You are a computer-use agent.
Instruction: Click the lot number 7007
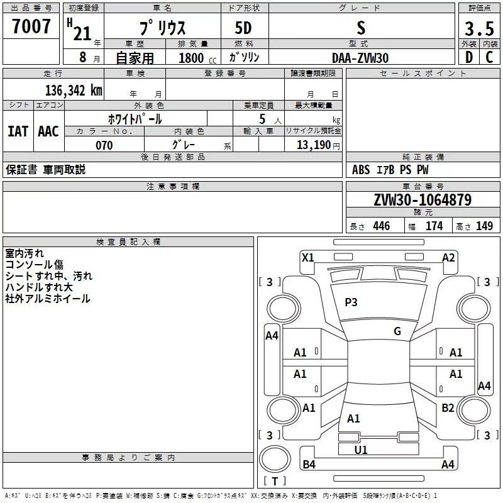click(31, 26)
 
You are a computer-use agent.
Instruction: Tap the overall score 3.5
click(479, 28)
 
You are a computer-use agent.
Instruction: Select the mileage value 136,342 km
click(74, 91)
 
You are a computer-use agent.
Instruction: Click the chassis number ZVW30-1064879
click(423, 200)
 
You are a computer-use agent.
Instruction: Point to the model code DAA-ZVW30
click(360, 58)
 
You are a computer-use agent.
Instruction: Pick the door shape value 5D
click(243, 28)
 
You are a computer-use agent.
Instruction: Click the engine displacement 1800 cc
click(197, 58)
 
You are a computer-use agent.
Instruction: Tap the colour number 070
click(104, 145)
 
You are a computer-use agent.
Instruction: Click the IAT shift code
click(18, 131)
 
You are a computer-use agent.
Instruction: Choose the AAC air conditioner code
click(48, 131)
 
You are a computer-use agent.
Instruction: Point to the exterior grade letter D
click(469, 57)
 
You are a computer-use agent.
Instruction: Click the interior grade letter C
click(489, 57)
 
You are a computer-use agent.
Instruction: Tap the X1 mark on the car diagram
click(307, 258)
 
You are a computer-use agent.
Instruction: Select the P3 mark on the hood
click(351, 302)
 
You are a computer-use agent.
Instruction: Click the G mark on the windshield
click(397, 331)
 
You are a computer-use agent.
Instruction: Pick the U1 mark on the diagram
click(361, 450)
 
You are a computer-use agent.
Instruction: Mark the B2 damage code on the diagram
click(448, 408)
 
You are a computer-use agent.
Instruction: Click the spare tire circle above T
click(275, 459)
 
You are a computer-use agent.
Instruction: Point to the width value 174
click(434, 226)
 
